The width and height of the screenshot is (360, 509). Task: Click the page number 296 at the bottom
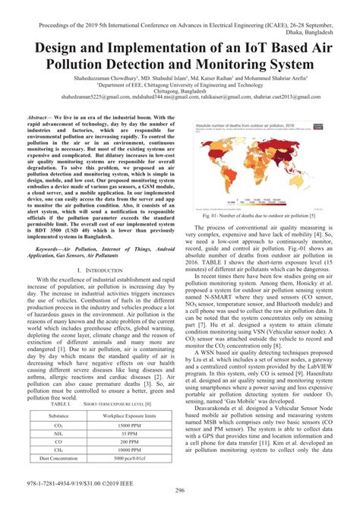click(x=180, y=490)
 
